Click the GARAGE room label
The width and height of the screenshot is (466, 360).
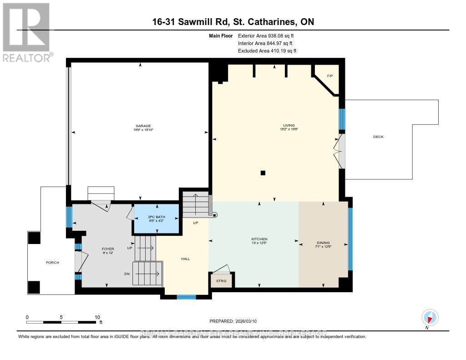click(x=142, y=126)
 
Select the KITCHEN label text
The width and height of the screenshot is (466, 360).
click(x=259, y=239)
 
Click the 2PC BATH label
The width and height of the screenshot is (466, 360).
click(x=155, y=217)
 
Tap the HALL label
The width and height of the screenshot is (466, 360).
click(x=186, y=259)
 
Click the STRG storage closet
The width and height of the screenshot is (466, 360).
click(x=221, y=281)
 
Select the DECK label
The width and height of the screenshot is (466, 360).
click(x=379, y=137)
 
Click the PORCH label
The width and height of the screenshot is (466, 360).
click(x=52, y=263)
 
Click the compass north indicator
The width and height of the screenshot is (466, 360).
click(x=430, y=317)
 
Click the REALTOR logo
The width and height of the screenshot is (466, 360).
click(x=27, y=32)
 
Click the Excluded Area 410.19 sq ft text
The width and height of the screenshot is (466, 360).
click(x=267, y=51)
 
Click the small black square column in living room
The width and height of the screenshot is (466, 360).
click(x=263, y=172)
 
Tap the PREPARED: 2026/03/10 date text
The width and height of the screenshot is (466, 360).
click(x=233, y=321)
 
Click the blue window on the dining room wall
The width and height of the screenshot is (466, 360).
click(x=350, y=239)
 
